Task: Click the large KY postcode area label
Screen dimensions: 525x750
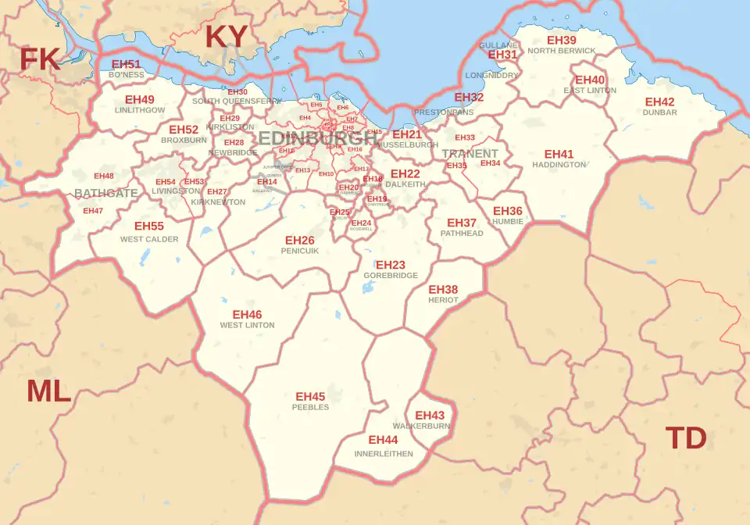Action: (x=226, y=37)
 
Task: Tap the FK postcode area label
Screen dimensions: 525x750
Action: (x=39, y=59)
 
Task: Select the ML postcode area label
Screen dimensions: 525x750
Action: (x=48, y=391)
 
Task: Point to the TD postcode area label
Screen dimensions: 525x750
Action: (x=685, y=438)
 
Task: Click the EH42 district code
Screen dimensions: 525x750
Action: (x=659, y=102)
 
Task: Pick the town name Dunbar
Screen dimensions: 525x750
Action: (x=659, y=112)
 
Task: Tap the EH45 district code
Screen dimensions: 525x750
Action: (x=310, y=397)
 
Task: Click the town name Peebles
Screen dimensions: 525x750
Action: (x=310, y=407)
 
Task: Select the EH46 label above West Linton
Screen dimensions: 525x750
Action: (x=247, y=315)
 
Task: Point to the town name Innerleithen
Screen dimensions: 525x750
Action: (x=384, y=453)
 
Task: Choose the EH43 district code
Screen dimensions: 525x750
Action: (x=430, y=416)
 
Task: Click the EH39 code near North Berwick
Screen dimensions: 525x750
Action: (x=561, y=40)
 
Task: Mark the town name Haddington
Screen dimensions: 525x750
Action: (x=559, y=165)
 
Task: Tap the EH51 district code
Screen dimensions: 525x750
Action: (x=126, y=64)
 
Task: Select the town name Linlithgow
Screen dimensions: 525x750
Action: (x=140, y=110)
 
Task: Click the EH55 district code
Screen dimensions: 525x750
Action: (x=149, y=226)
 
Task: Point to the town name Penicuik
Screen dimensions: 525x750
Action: (x=299, y=251)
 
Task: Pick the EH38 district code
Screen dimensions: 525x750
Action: (x=443, y=290)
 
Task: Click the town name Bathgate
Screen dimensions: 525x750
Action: (x=105, y=193)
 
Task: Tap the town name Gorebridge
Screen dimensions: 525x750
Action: (x=391, y=276)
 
